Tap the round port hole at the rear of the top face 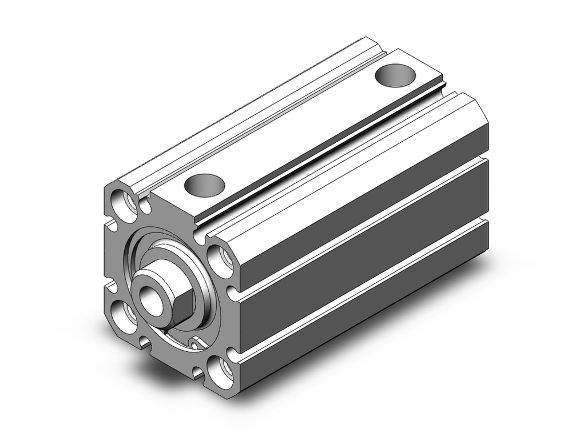pos(394,75)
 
